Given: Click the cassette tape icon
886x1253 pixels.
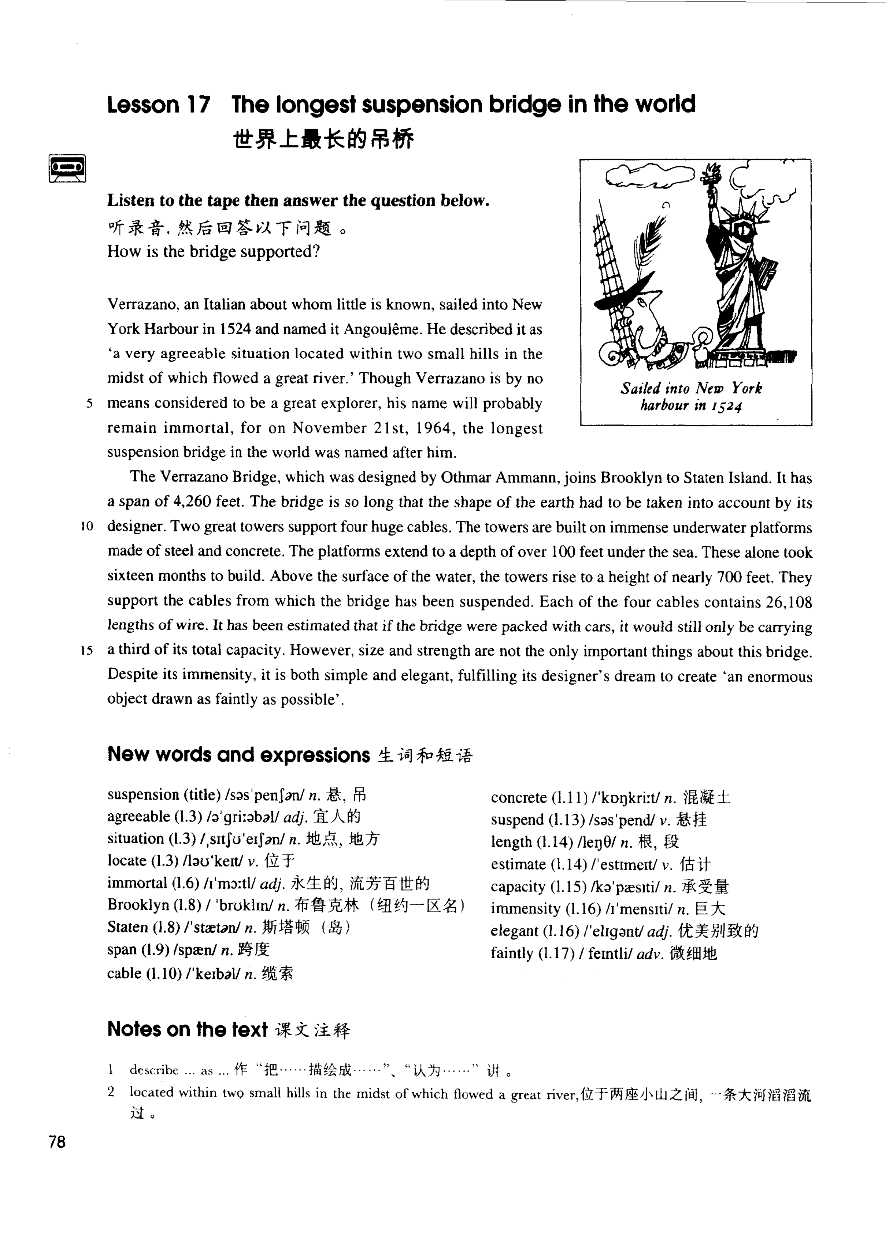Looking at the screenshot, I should pyautogui.click(x=67, y=169).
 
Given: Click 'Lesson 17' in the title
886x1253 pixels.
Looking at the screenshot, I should pyautogui.click(x=158, y=105).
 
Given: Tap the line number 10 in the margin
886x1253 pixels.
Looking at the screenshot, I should pyautogui.click(x=87, y=526).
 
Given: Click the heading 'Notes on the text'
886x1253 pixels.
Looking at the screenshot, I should pyautogui.click(x=187, y=1029).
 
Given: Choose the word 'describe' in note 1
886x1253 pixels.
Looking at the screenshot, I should pyautogui.click(x=154, y=1070).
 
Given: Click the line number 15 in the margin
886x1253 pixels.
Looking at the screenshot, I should pyautogui.click(x=87, y=650).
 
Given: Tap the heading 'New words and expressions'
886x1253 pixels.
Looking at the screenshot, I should pyautogui.click(x=238, y=755).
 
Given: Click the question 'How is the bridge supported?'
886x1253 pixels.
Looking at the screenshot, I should pyautogui.click(x=213, y=251).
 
